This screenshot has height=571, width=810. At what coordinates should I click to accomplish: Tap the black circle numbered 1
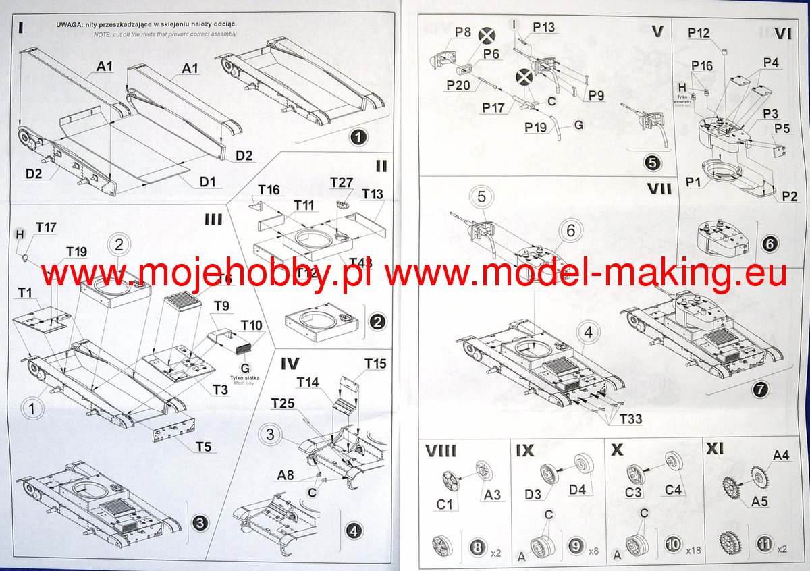pos(358,137)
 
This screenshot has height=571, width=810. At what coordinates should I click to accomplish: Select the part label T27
pos(342,183)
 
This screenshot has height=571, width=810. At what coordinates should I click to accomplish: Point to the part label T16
pos(269,190)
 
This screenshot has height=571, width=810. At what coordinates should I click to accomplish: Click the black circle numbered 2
pos(377,321)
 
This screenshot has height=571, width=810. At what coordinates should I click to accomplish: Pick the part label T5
pos(204,446)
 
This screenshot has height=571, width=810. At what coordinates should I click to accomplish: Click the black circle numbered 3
pos(200,522)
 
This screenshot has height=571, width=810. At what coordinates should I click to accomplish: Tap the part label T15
pos(375,364)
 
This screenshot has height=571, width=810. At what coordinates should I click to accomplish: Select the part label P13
pos(543,26)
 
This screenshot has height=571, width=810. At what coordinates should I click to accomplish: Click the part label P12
pos(699,32)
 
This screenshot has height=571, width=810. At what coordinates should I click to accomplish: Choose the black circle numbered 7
pos(760,389)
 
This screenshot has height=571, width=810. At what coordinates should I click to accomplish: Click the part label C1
pos(446,503)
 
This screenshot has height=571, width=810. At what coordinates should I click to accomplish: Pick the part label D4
pos(577,489)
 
